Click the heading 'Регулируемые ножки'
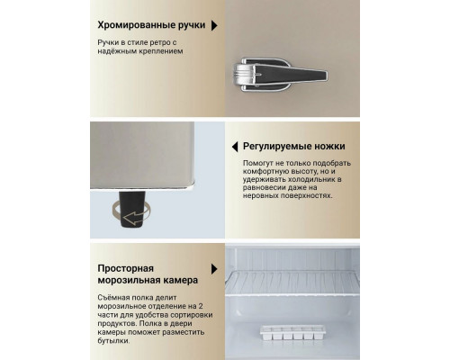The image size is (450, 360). pyautogui.click(x=293, y=145)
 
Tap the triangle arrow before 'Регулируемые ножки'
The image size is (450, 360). pyautogui.click(x=233, y=145)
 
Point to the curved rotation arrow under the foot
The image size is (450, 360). pyautogui.click(x=129, y=216)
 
